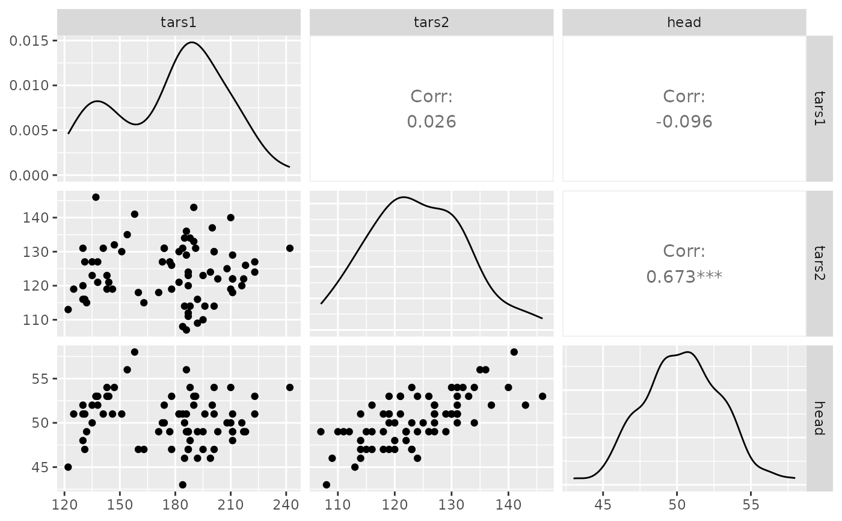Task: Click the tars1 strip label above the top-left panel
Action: click(179, 22)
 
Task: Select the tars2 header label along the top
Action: click(431, 22)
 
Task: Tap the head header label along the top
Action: click(684, 22)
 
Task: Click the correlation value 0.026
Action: click(431, 122)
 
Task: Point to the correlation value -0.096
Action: click(684, 122)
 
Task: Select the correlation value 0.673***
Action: click(684, 277)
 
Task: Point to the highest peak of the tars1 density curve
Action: click(191, 42)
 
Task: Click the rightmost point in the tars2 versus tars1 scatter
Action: click(289, 248)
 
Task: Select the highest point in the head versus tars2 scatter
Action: click(514, 352)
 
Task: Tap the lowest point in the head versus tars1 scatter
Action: click(182, 484)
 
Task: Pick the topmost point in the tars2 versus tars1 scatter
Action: click(96, 197)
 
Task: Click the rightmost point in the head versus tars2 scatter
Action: click(542, 396)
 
